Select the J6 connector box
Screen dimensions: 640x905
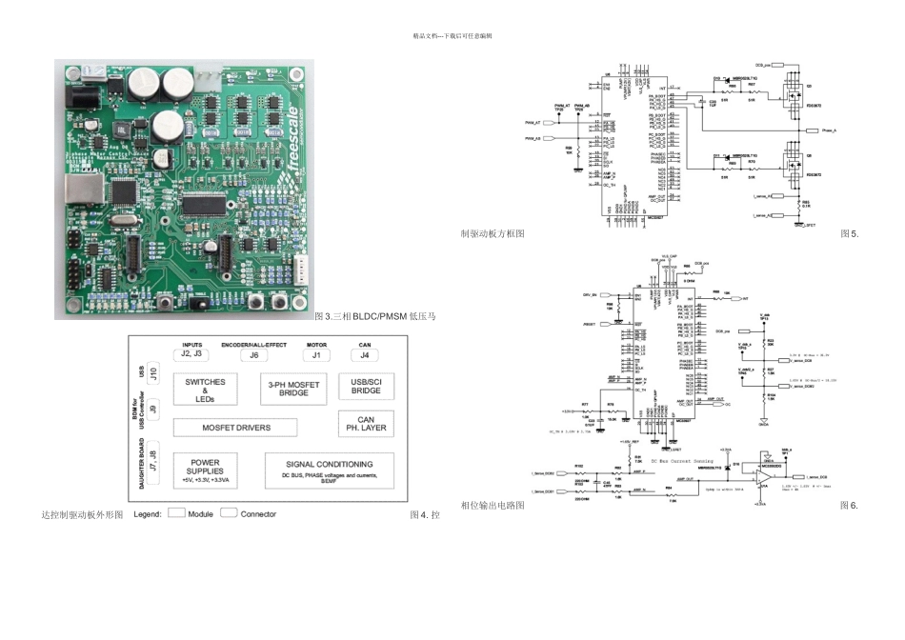tap(254, 355)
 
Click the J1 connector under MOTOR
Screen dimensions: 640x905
tap(316, 355)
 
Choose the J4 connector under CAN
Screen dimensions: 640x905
tap(366, 355)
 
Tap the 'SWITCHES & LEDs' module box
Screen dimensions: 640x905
tap(205, 390)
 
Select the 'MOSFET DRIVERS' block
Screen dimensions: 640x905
tap(235, 428)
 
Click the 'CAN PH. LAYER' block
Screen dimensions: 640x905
tap(366, 424)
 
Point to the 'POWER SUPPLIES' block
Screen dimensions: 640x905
tap(205, 470)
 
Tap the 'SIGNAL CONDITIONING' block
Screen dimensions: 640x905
tap(328, 470)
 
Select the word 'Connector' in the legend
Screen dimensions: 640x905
tap(258, 514)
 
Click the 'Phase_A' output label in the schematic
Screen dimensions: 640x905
tap(827, 130)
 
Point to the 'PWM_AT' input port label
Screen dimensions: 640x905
tap(533, 123)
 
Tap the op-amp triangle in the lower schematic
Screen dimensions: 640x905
tap(765, 476)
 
